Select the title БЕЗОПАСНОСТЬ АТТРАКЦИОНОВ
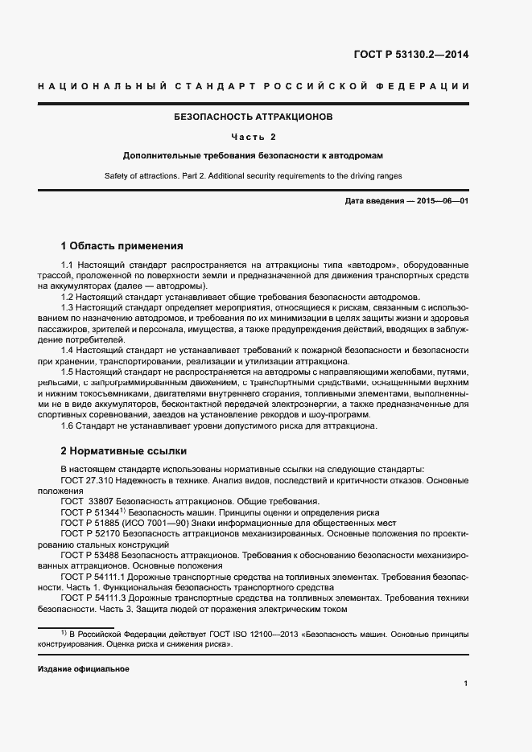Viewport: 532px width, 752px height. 254,117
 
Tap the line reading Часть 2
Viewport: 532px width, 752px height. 254,136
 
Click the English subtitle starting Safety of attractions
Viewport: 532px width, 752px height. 254,175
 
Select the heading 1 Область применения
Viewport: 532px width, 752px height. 122,245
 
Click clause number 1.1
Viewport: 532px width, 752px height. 68,265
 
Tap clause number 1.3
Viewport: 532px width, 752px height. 68,307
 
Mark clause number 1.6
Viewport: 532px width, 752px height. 68,426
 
